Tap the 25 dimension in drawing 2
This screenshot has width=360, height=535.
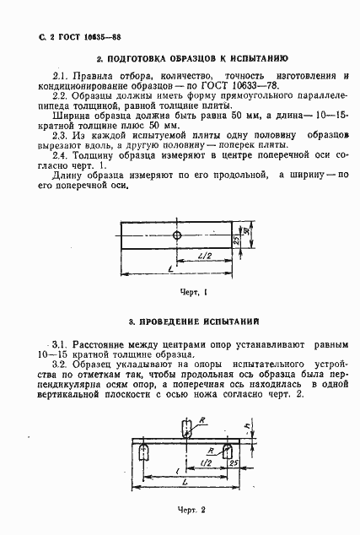click(x=230, y=464)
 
